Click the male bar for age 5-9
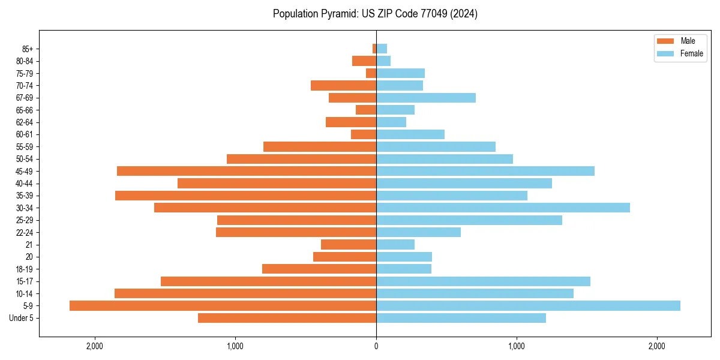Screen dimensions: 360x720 (x=223, y=305)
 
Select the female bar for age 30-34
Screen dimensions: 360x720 (x=503, y=208)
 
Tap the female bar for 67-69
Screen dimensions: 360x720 (x=426, y=98)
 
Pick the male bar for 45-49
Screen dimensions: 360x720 (x=247, y=171)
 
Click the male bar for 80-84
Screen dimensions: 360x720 (x=364, y=61)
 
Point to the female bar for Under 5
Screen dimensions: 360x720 (x=461, y=318)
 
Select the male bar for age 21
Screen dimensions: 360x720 (x=349, y=244)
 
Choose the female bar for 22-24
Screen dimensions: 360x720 (x=418, y=232)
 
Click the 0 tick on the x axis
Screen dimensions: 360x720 (x=376, y=346)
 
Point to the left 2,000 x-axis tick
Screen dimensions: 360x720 (x=95, y=346)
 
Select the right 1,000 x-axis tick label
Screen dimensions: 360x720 (x=517, y=346)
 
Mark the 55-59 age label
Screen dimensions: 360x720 (x=23, y=146)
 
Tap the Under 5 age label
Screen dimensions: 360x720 (x=22, y=318)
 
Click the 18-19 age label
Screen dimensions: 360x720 (x=23, y=269)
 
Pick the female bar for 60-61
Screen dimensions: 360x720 (x=410, y=134)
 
